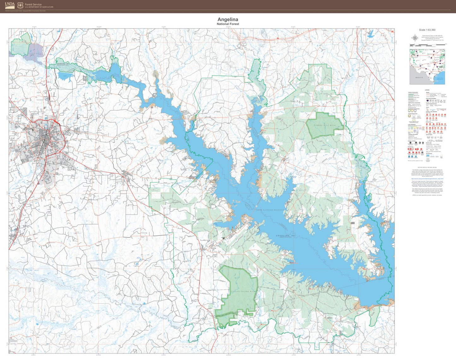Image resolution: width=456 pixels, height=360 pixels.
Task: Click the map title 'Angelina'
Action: pyautogui.click(x=228, y=20)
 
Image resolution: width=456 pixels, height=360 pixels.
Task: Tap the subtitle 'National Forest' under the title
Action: pyautogui.click(x=228, y=24)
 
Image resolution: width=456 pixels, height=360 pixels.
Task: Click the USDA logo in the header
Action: pyautogui.click(x=10, y=5)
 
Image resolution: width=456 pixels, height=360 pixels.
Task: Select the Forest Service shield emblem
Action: pyautogui.click(x=20, y=5)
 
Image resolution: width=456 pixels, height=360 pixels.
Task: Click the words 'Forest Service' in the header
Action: pyautogui.click(x=33, y=4)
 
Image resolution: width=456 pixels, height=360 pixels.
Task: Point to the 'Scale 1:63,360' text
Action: pyautogui.click(x=427, y=30)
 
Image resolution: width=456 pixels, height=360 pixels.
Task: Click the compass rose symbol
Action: pyautogui.click(x=414, y=38)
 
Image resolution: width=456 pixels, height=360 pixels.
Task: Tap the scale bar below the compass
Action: pyautogui.click(x=427, y=45)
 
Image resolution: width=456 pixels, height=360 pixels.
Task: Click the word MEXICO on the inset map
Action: pyautogui.click(x=419, y=77)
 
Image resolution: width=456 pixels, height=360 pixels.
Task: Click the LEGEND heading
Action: pyautogui.click(x=427, y=90)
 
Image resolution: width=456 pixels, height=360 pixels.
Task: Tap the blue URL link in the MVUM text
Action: pyautogui.click(x=427, y=178)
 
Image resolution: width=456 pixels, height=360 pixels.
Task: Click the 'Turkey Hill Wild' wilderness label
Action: pyautogui.click(x=324, y=125)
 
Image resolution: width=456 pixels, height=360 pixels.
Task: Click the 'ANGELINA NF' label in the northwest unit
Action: pyautogui.click(x=62, y=64)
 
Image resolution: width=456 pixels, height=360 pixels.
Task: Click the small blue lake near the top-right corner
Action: pyautogui.click(x=371, y=33)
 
